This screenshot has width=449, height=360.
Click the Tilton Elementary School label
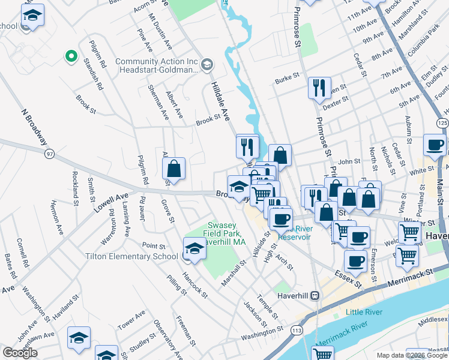pos(131,256)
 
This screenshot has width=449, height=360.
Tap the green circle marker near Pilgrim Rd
pos(71,56)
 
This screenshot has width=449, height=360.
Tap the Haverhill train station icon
pos(315,295)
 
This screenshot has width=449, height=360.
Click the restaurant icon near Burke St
pos(319,88)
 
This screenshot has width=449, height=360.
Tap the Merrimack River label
pos(341,333)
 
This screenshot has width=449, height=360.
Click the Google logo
pos(20,353)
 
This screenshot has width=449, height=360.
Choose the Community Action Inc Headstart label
pos(156,65)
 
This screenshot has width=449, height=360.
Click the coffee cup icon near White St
pos(435,145)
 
